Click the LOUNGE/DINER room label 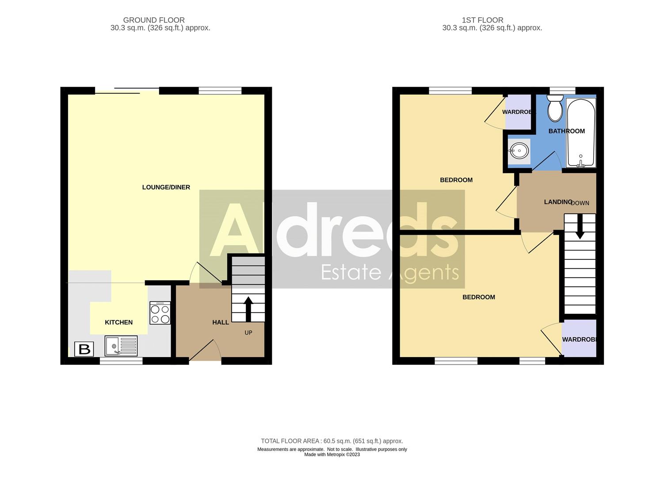click(x=166, y=187)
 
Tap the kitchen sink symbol click(x=121, y=346)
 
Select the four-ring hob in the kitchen click(x=160, y=313)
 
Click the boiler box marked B click(x=84, y=349)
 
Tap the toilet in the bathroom click(x=555, y=108)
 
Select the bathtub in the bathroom click(x=581, y=133)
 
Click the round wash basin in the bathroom click(x=519, y=151)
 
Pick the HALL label click(x=221, y=322)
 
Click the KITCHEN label click(x=118, y=322)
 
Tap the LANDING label click(x=558, y=202)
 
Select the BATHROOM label click(x=566, y=131)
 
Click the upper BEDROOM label click(x=456, y=180)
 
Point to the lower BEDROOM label click(x=478, y=297)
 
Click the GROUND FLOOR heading click(x=154, y=20)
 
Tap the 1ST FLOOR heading click(x=482, y=20)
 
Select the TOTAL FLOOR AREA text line click(x=332, y=441)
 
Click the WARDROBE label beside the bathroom click(x=518, y=112)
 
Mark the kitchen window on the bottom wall click(x=121, y=361)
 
